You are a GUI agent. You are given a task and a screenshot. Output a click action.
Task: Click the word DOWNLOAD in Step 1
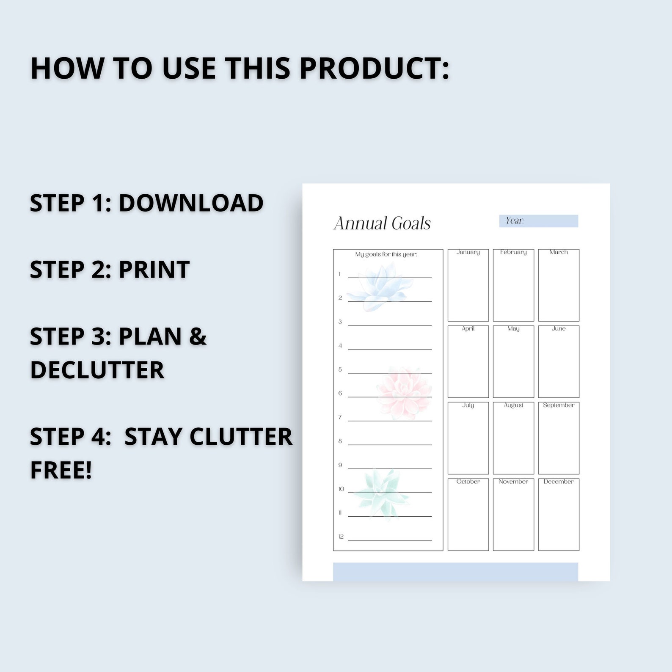191,203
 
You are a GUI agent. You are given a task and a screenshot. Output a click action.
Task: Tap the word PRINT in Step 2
154,270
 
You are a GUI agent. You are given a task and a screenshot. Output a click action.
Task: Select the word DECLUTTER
97,370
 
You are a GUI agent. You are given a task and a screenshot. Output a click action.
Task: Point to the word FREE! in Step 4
61,470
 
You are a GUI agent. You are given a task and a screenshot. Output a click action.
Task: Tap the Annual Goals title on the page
382,223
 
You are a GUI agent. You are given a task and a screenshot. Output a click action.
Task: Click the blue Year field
539,221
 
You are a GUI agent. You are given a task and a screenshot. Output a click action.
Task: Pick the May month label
513,329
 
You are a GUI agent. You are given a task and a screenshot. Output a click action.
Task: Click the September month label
559,405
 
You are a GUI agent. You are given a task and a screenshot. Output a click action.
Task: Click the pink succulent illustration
404,393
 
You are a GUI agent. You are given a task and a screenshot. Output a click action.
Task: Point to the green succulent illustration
381,493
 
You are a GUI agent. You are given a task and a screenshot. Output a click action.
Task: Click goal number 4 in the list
340,346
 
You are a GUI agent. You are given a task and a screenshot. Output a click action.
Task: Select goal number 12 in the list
341,537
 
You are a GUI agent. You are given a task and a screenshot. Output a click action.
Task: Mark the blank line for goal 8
390,444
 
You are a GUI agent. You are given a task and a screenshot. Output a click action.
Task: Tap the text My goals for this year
386,254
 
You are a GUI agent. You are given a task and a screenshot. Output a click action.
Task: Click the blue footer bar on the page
455,572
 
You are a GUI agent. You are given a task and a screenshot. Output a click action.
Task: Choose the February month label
513,252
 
